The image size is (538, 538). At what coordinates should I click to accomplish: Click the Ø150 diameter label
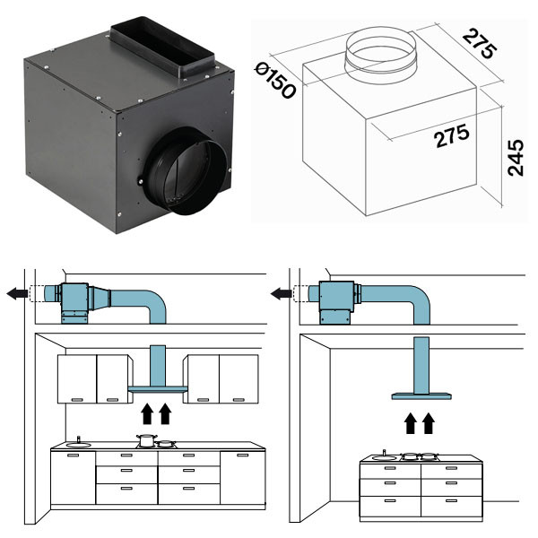[x=275, y=80]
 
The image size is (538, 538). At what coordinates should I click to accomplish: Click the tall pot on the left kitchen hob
[x=144, y=440]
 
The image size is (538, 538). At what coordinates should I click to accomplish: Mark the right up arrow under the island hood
[x=430, y=421]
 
